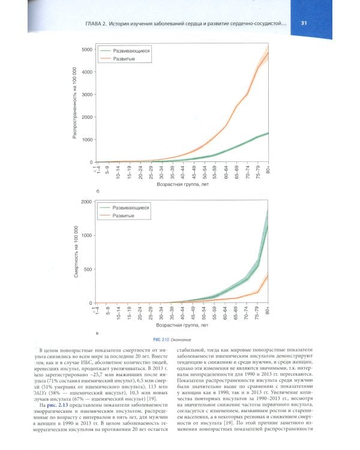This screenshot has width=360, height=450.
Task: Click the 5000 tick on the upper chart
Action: tap(86, 49)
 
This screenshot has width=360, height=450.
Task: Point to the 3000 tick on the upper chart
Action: tap(86, 94)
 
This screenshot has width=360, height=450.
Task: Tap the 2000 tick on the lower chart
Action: tap(86, 202)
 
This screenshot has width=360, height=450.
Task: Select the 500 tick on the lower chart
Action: tap(88, 269)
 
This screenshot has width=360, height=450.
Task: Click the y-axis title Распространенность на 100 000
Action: tap(75, 104)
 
